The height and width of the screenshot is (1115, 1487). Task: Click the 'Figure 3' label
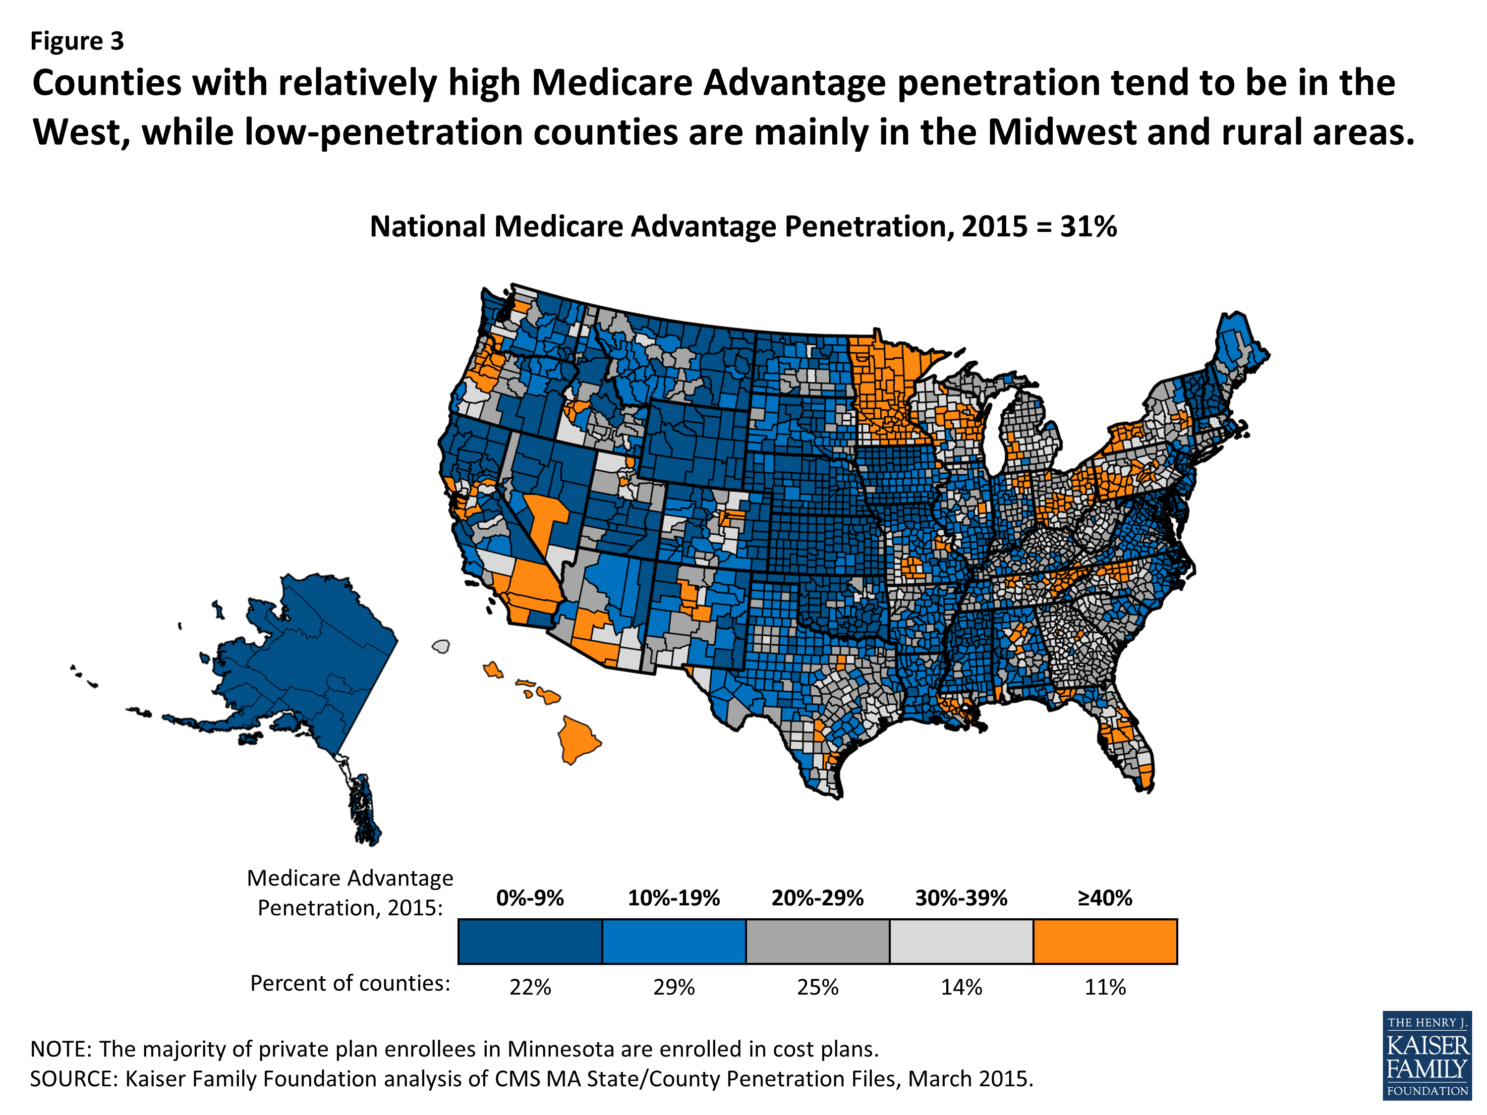click(x=77, y=41)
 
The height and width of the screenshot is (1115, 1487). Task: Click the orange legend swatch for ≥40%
click(x=1104, y=941)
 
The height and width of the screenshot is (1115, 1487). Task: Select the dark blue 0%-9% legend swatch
click(x=530, y=941)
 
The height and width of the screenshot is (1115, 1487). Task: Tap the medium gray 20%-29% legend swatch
click(x=817, y=941)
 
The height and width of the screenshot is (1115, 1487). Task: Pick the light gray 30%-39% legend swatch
click(x=961, y=941)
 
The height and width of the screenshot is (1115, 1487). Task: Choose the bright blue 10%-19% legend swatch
click(x=674, y=941)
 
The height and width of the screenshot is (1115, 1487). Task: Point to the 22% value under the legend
click(x=530, y=987)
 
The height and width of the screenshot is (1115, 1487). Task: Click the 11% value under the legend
click(x=1104, y=987)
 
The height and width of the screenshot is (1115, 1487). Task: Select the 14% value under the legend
click(x=961, y=987)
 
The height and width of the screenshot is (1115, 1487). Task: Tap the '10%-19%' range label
click(x=674, y=898)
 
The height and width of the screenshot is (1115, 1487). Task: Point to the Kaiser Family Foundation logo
click(x=1427, y=1055)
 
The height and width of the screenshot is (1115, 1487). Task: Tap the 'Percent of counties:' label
click(x=349, y=983)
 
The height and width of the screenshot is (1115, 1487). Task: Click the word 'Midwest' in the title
click(x=1062, y=132)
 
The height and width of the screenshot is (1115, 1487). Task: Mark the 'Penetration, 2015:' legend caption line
click(x=349, y=908)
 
